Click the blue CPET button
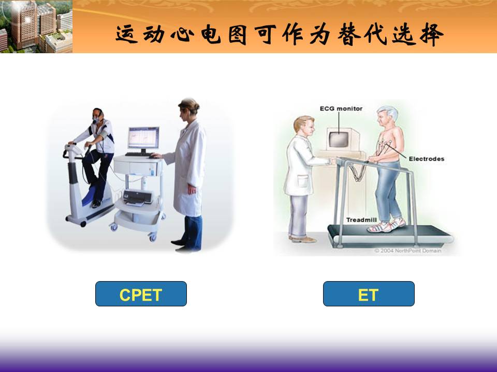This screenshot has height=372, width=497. [141, 293]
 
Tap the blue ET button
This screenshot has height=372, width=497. [369, 293]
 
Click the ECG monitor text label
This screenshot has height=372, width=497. [341, 109]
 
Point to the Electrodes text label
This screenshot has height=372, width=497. [426, 159]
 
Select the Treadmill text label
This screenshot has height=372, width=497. [361, 220]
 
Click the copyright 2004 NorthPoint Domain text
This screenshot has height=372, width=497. [407, 251]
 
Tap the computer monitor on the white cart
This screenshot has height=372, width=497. [143, 138]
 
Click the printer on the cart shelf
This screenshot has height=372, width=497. [137, 197]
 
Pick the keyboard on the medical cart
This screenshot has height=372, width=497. [139, 154]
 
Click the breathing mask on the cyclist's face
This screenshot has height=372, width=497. [95, 120]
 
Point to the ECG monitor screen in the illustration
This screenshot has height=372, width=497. [339, 139]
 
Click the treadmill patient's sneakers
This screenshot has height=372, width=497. [387, 225]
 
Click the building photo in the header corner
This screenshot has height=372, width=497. [36, 26]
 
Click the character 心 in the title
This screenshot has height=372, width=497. [183, 34]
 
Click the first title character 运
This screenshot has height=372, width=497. [126, 34]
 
